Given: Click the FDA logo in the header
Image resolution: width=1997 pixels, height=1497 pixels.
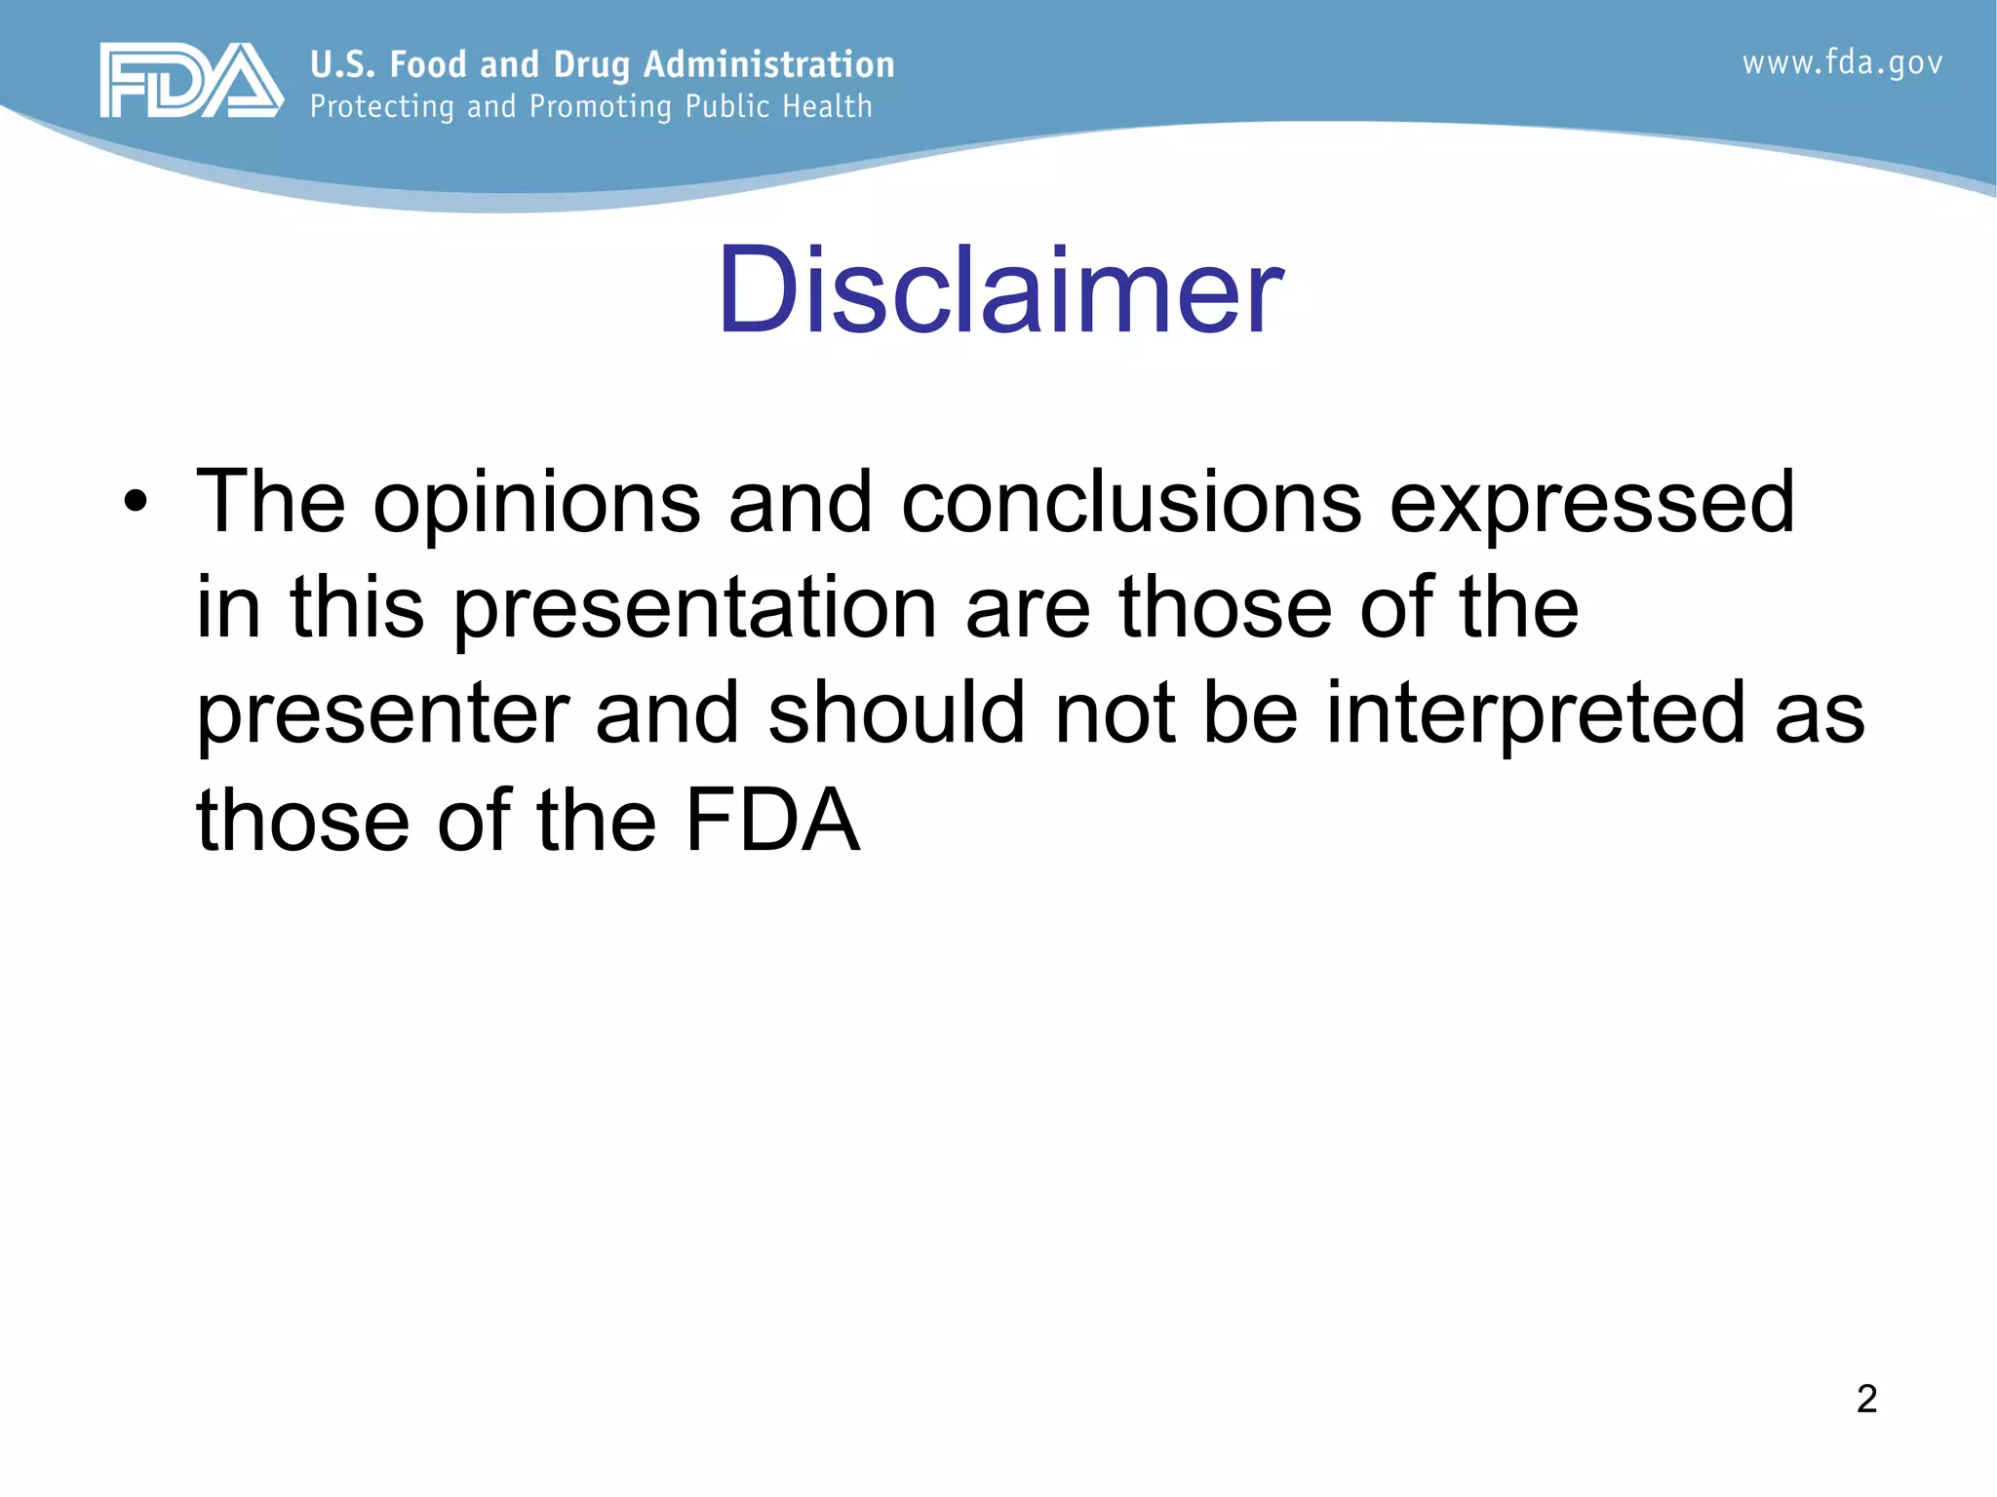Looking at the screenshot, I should [191, 81].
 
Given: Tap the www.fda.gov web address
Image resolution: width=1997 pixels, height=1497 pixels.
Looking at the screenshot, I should [1842, 63].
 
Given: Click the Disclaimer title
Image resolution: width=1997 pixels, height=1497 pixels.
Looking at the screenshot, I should [999, 290].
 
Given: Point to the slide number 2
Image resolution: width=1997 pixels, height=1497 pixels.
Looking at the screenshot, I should [1866, 1399].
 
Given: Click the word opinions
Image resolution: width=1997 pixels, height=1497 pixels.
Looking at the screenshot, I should [536, 505].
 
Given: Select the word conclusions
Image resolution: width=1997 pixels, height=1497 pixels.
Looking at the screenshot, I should [1130, 503].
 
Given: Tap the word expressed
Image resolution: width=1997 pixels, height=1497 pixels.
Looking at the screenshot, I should [1590, 505].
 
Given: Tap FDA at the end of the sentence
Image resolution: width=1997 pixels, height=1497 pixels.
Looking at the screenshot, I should [772, 820].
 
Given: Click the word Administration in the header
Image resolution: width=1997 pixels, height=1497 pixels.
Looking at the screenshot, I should [768, 65].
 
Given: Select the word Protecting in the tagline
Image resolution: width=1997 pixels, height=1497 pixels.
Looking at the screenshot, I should [381, 107].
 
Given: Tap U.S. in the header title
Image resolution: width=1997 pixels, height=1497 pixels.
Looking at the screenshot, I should [342, 65].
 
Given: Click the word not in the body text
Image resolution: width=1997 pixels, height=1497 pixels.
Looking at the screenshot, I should [1115, 714].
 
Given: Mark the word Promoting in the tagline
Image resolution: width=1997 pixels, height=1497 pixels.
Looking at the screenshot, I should [601, 107].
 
